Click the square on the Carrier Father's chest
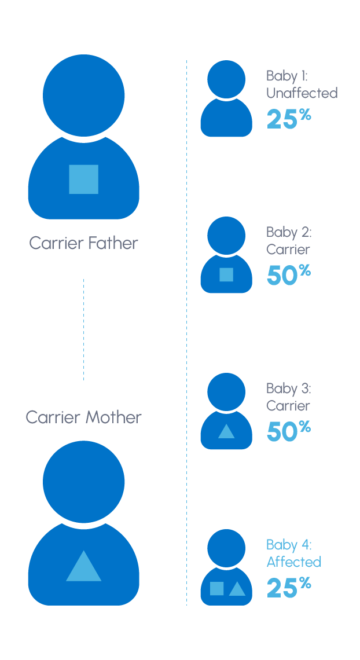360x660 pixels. pos(83,179)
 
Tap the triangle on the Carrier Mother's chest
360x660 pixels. pos(83,568)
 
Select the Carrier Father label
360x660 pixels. pos(83,243)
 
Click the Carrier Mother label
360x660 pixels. pos(83,417)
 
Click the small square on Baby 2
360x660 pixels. pos(226,274)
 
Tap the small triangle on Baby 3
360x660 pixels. pos(226,432)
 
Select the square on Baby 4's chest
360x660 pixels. pos(217,588)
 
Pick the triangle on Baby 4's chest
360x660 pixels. pos(237,589)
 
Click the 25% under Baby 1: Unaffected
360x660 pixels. pos(288,119)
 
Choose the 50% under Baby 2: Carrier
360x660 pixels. pos(288,275)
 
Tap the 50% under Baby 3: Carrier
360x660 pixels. pos(288,431)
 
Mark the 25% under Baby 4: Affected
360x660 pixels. pos(288,588)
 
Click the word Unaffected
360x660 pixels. pos(302,93)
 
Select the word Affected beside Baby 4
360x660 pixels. pos(293,562)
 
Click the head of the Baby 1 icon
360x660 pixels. pos(226,79)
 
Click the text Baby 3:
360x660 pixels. pos(289,388)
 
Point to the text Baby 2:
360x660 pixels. pos(289,232)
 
